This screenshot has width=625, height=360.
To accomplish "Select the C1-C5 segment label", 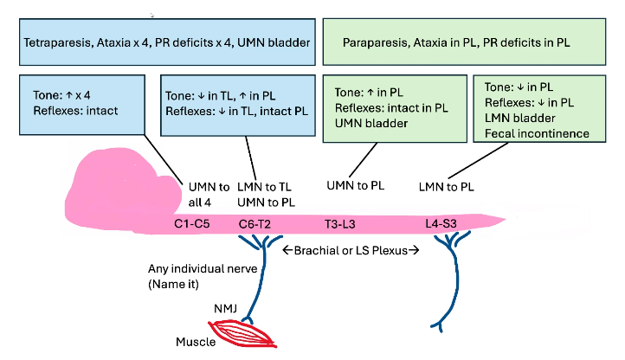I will pos(193,223).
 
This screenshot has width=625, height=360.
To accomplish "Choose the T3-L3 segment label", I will pos(339,223).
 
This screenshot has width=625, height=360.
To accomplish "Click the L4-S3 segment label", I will pos(442,223).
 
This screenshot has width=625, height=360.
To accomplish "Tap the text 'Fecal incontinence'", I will pos(537,133).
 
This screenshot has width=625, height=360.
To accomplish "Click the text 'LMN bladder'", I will pos(518,118).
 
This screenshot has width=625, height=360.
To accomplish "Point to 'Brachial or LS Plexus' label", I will pos(351,251).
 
